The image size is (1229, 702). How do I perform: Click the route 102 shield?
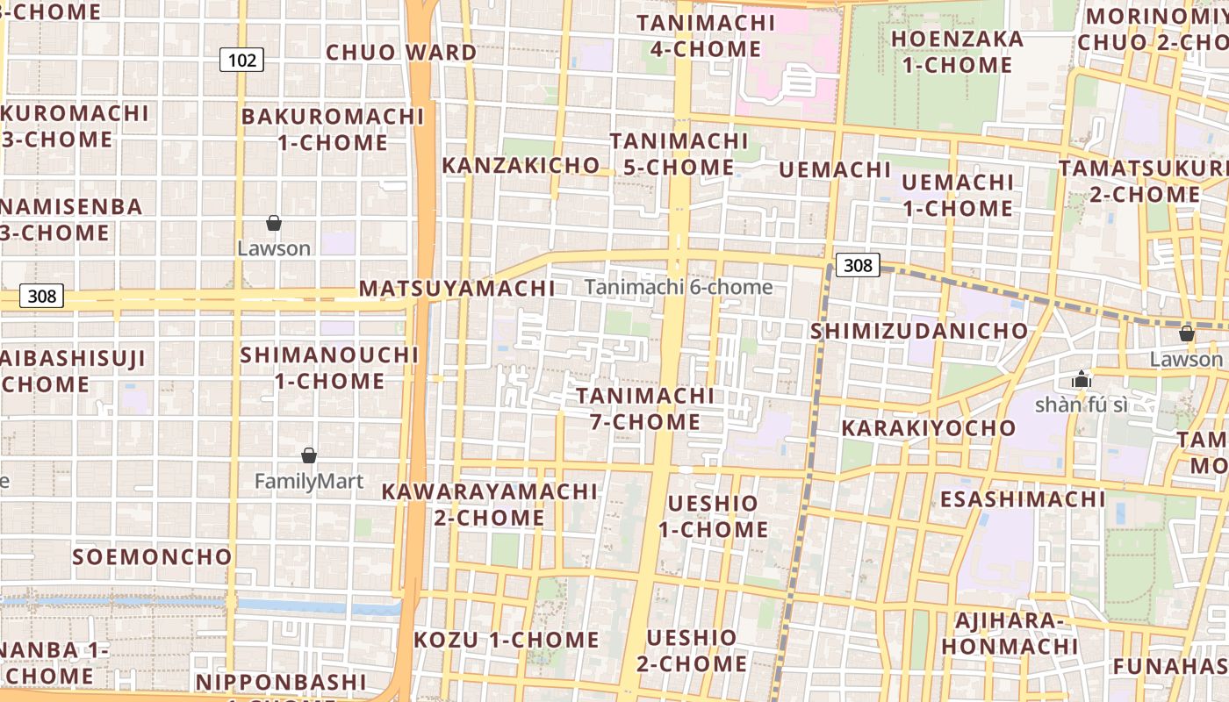pyautogui.click(x=241, y=60)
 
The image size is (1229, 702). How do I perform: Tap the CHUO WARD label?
pyautogui.click(x=401, y=53)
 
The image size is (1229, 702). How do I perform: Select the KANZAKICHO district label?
pyautogui.click(x=521, y=165)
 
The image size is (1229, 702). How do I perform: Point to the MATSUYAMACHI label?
pyautogui.click(x=456, y=289)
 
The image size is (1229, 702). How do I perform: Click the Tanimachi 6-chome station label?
pyautogui.click(x=679, y=287)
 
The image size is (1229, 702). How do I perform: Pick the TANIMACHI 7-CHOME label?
pyautogui.click(x=645, y=409)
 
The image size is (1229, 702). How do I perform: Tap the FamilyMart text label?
pyautogui.click(x=308, y=481)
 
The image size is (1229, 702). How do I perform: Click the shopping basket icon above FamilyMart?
pyautogui.click(x=309, y=455)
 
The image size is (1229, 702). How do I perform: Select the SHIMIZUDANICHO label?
pyautogui.click(x=919, y=331)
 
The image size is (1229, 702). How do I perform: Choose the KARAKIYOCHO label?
pyautogui.click(x=928, y=428)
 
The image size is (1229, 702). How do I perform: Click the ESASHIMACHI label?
pyautogui.click(x=1023, y=499)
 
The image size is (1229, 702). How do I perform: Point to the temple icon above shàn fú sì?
pyautogui.click(x=1081, y=380)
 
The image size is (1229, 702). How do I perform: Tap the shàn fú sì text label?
pyautogui.click(x=1081, y=405)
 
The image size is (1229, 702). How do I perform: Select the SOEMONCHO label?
pyautogui.click(x=152, y=557)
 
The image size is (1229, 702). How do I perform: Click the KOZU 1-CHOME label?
pyautogui.click(x=507, y=640)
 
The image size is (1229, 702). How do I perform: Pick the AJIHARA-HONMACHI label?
pyautogui.click(x=1010, y=634)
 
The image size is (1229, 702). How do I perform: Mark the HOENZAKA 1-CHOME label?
pyautogui.click(x=958, y=52)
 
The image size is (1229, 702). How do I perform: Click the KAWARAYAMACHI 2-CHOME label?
pyautogui.click(x=489, y=505)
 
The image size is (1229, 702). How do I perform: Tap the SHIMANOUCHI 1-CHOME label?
pyautogui.click(x=329, y=368)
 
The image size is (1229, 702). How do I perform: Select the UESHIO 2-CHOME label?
pyautogui.click(x=692, y=650)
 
